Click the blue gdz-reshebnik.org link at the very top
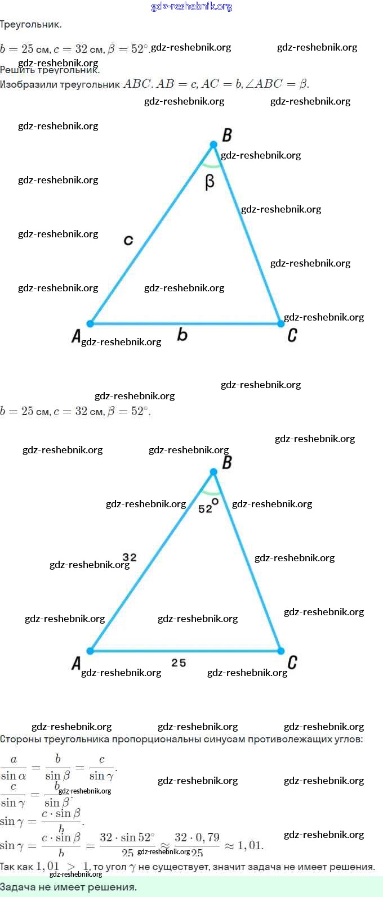click(191, 7)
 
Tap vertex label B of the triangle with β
click(227, 135)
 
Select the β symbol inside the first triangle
click(210, 182)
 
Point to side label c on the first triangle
click(128, 240)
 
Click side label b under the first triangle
click(182, 335)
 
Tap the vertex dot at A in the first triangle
click(90, 323)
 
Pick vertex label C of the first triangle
click(292, 335)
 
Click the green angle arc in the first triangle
click(212, 165)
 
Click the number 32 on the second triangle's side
click(130, 557)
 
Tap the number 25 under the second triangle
click(179, 663)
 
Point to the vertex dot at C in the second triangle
click(280, 651)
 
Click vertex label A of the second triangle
click(76, 663)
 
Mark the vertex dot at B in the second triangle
click(213, 472)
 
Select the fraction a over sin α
click(14, 768)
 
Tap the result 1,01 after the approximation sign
click(251, 845)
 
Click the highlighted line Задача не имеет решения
click(68, 887)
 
